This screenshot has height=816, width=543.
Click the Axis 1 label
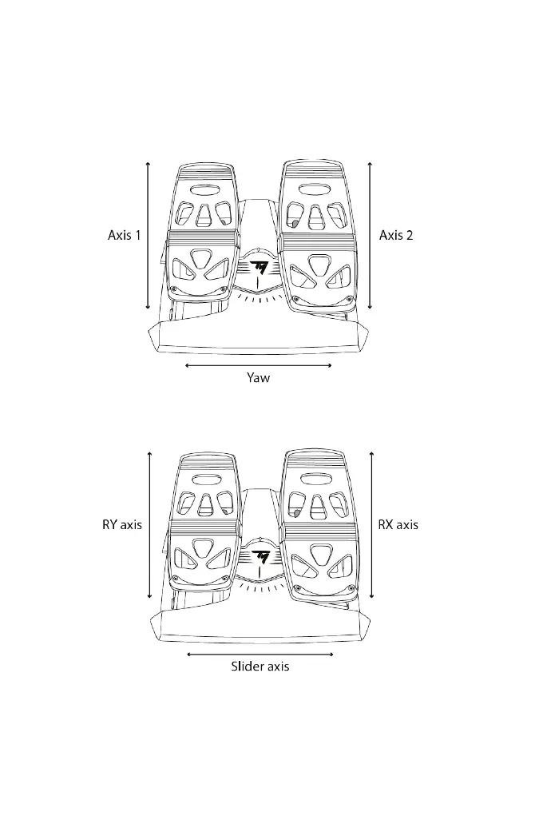point(125,235)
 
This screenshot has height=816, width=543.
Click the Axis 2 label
point(396,235)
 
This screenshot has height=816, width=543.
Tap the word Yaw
point(258,378)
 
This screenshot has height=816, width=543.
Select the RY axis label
point(122,525)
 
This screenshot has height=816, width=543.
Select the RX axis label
point(398,525)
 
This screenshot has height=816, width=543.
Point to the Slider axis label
point(260,666)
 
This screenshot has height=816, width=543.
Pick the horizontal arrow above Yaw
point(258,366)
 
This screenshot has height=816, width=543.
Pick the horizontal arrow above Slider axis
point(260,654)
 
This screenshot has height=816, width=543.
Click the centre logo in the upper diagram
point(259,267)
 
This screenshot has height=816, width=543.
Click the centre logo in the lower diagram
point(260,555)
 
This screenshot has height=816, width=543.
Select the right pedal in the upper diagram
point(317,236)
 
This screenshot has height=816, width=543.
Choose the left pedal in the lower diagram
point(205,525)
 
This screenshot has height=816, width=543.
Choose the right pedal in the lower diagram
point(319,525)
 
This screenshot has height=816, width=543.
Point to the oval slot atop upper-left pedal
point(204,191)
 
